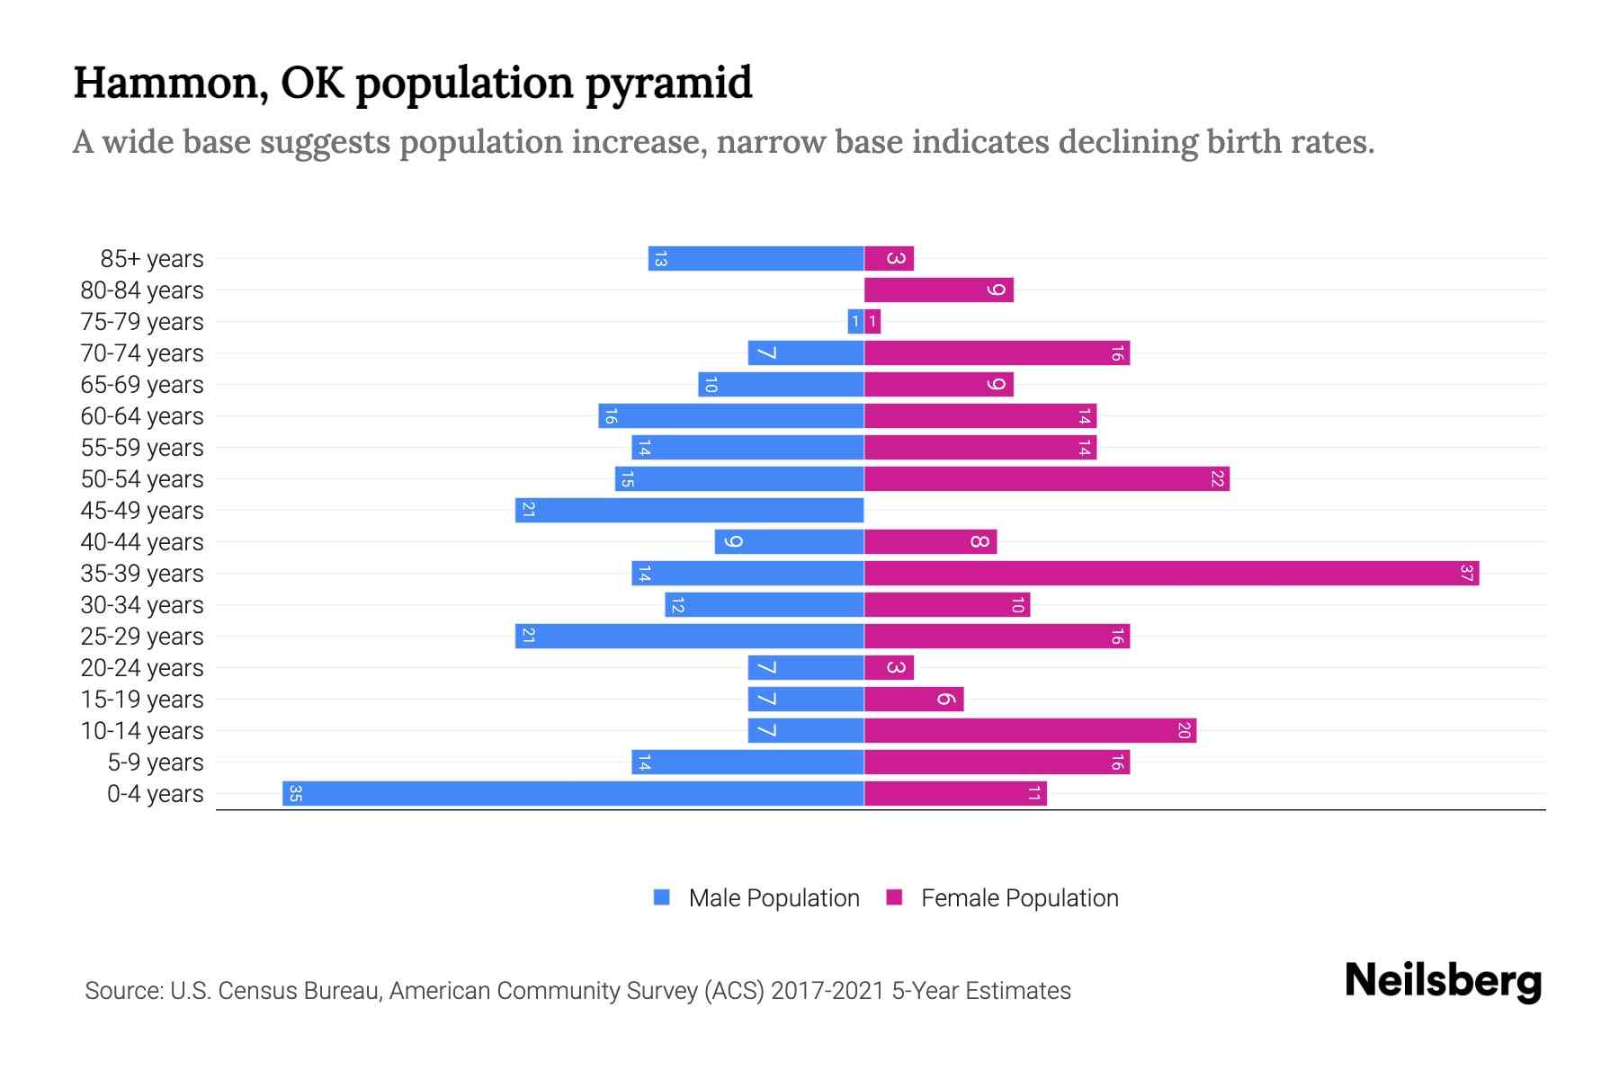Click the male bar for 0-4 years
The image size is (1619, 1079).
(x=573, y=794)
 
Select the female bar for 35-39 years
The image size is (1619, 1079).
(x=1171, y=574)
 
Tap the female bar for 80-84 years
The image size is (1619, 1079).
(x=938, y=290)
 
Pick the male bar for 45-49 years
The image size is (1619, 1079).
(x=690, y=511)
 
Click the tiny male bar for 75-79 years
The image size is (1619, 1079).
(x=855, y=322)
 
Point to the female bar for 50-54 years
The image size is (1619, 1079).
(x=1046, y=479)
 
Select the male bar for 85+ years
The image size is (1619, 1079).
(x=756, y=259)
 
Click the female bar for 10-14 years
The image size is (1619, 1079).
(x=1030, y=731)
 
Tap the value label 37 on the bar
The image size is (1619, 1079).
(x=1466, y=574)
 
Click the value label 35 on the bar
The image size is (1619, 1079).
(x=295, y=794)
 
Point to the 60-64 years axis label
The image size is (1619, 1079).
(x=142, y=416)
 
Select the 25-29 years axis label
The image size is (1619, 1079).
(x=142, y=637)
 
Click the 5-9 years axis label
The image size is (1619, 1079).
(x=156, y=762)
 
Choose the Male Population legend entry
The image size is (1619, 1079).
(x=774, y=898)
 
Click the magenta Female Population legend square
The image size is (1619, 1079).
(x=894, y=897)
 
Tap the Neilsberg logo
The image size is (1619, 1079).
(x=1443, y=980)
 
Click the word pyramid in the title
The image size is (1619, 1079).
(x=668, y=84)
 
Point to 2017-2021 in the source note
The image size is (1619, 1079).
(x=827, y=991)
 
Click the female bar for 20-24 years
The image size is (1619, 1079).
(x=889, y=668)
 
